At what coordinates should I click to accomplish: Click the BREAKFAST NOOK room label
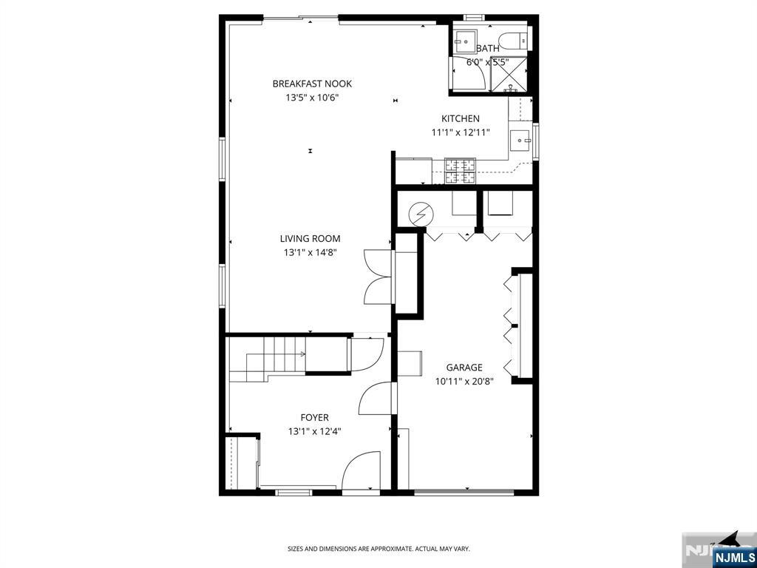pos(311,84)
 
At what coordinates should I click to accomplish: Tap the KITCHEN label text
pos(460,118)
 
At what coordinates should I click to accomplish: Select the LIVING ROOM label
pos(310,238)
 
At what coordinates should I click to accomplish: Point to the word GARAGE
pos(464,367)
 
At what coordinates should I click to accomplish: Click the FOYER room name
pos(314,417)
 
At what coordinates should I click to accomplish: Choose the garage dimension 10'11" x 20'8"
pos(464,381)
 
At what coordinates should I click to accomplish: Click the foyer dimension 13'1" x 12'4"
pos(314,431)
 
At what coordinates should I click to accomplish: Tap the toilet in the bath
pos(512,39)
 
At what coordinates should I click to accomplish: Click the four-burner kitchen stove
pos(459,171)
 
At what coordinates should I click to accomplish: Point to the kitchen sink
pos(521,138)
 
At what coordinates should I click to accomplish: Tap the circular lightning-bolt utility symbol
pos(420,214)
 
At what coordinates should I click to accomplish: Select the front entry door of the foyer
pos(361,472)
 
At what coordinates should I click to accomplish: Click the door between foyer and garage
pos(377,399)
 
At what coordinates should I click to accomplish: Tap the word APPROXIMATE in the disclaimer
pos(387,549)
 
